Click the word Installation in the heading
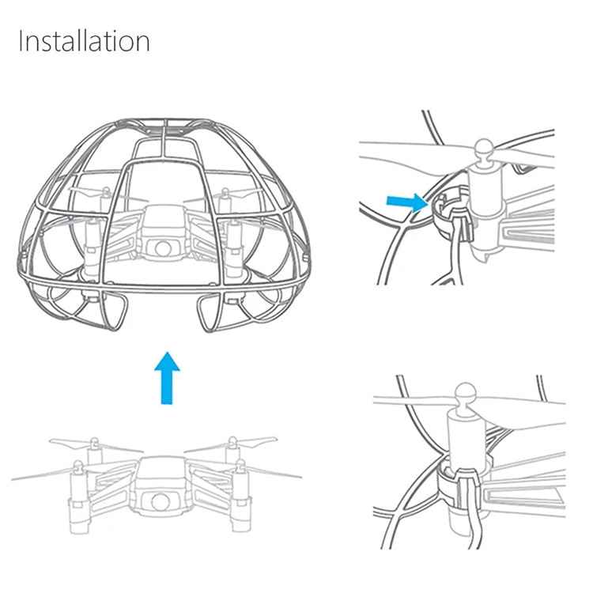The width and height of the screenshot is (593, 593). coord(84,41)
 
